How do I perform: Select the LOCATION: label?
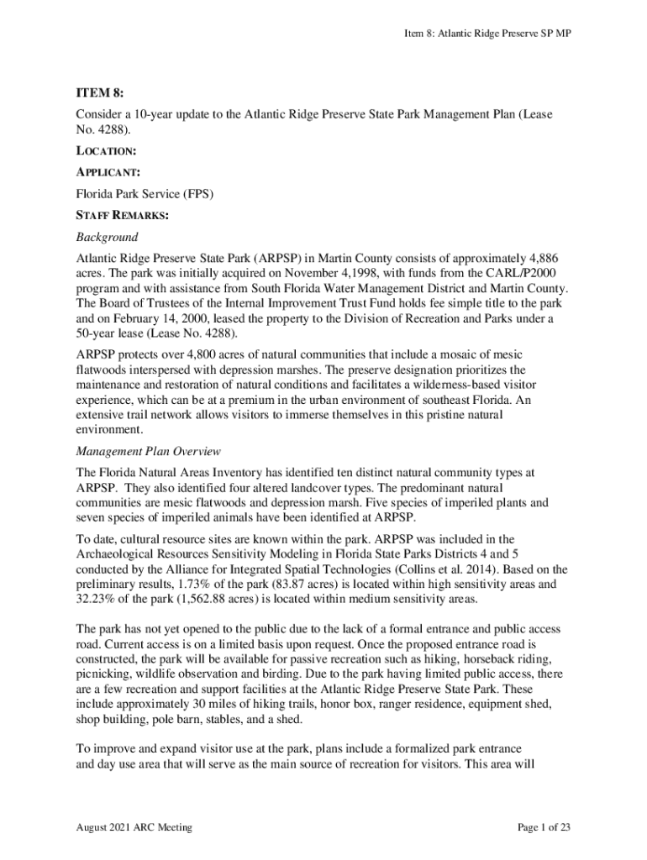coord(106,152)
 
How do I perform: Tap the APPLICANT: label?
coord(108,173)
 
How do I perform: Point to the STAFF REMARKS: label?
coord(122,216)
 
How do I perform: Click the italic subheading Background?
coord(107,237)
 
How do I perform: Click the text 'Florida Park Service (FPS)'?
coord(145,194)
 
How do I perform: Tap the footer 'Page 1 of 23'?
coord(544,827)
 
